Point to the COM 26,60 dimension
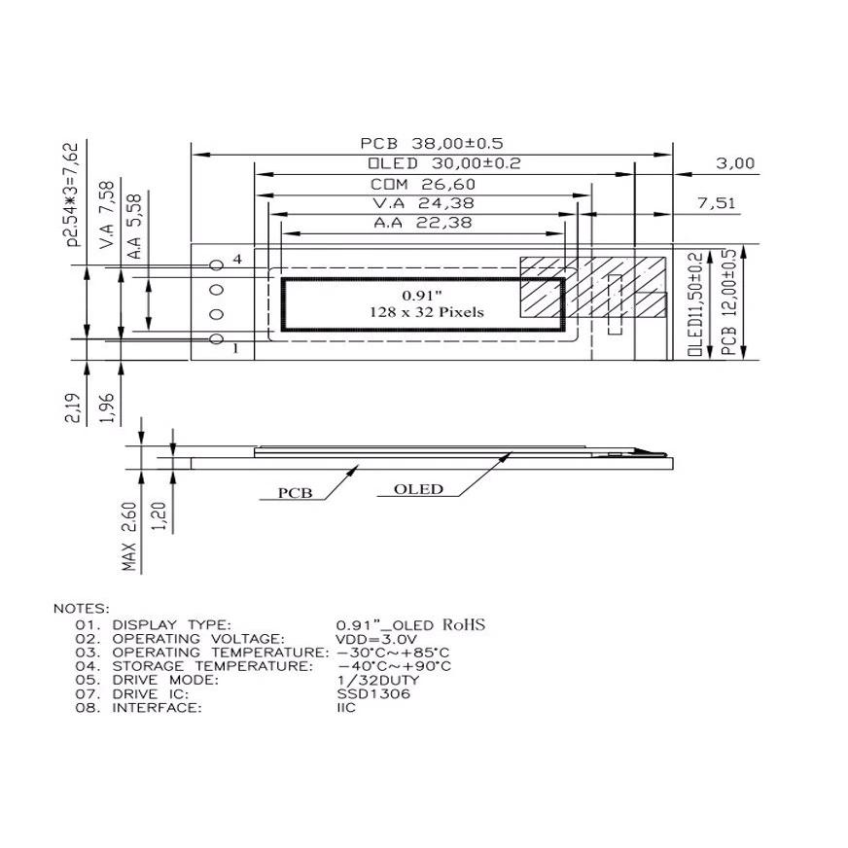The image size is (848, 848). click(423, 184)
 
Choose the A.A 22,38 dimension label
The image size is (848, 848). click(423, 223)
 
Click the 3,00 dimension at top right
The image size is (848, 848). click(735, 163)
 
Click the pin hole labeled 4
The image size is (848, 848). click(216, 265)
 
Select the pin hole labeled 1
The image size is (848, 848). click(216, 337)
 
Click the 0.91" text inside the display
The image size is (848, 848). click(422, 294)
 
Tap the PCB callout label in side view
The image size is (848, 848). click(295, 493)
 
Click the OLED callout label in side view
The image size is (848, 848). click(418, 489)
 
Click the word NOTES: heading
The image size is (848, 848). click(82, 608)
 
